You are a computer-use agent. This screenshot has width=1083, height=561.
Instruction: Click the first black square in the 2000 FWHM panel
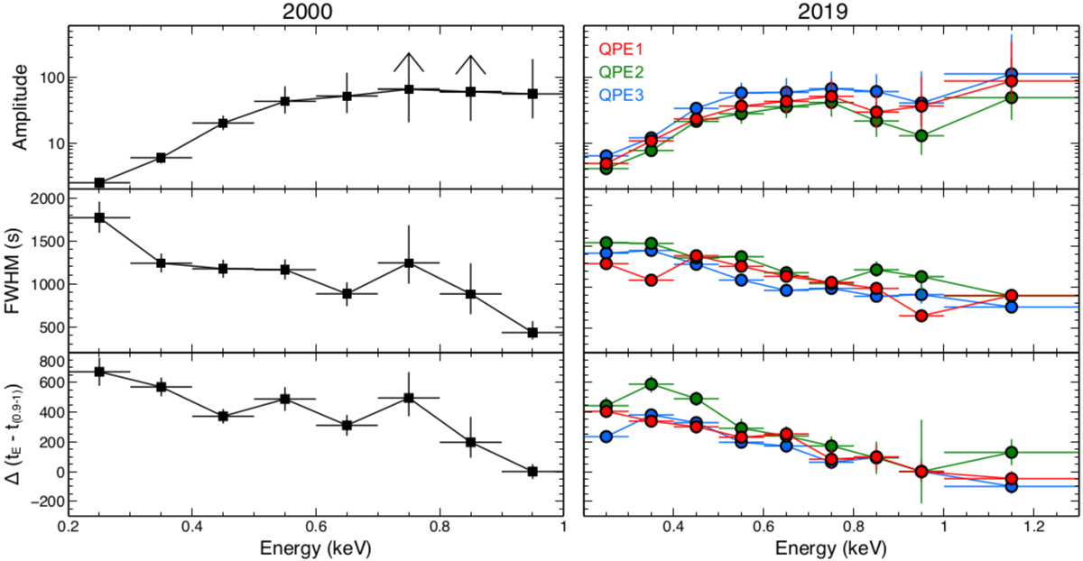tap(99, 217)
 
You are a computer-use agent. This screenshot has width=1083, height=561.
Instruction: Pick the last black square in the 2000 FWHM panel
tap(532, 333)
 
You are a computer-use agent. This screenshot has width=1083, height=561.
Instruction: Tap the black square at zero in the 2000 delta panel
tap(532, 471)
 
